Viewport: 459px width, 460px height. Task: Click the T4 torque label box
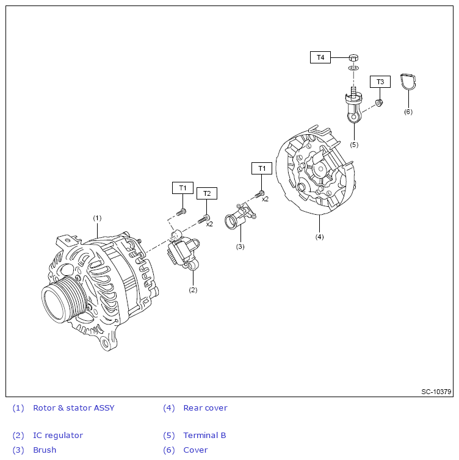coord(320,57)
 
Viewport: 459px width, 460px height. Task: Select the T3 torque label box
coord(380,82)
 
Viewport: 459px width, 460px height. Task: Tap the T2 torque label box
coord(206,193)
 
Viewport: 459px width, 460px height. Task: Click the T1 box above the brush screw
coord(261,168)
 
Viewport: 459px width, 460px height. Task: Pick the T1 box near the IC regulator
coord(182,188)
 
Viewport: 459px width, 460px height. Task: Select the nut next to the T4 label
coord(353,57)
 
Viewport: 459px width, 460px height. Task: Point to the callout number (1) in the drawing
coord(97,218)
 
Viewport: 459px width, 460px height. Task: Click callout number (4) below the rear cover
coord(319,236)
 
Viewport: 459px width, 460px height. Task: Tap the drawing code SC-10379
coord(436,392)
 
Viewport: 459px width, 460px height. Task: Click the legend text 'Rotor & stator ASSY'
coord(74,408)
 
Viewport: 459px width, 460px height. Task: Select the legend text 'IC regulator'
coord(58,436)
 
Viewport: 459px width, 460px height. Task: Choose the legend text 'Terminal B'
coord(204,436)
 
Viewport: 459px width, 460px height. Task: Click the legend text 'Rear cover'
coord(205,408)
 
